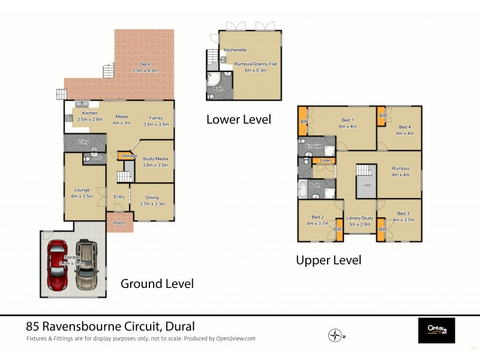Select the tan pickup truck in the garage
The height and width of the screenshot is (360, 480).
87,265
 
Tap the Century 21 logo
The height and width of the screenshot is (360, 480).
436,331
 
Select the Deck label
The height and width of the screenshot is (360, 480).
145,64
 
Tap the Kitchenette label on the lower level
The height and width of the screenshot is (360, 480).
235,50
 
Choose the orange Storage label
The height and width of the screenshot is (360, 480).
128,156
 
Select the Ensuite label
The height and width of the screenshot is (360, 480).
314,146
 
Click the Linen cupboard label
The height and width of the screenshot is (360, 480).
325,161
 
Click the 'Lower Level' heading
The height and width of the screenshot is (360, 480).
238,119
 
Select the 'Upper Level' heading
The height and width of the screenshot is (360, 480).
328,260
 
